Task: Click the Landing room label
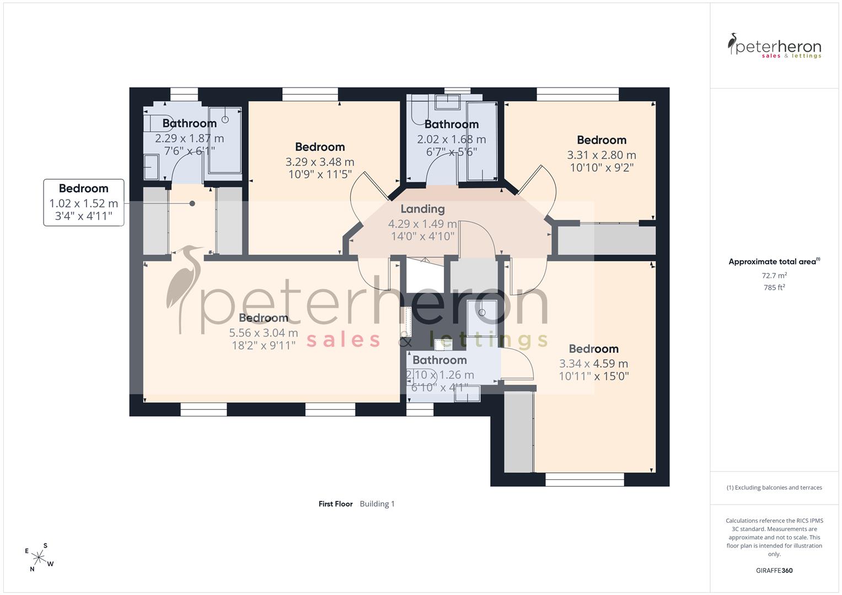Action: tap(422, 209)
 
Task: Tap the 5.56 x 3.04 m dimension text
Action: tap(264, 333)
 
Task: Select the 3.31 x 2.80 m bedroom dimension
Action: tap(602, 155)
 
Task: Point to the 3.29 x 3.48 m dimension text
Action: tap(320, 162)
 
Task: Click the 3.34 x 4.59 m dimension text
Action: tap(593, 364)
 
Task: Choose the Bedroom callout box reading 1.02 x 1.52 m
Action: tap(84, 203)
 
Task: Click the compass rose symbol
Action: tap(39, 558)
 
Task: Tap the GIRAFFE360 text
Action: tap(774, 570)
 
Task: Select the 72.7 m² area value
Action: tap(774, 275)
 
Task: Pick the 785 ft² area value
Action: tap(774, 288)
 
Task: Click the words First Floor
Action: tap(336, 504)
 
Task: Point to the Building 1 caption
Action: tap(377, 504)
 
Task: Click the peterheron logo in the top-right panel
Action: tap(774, 46)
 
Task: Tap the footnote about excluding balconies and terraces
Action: tap(774, 488)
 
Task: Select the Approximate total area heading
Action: tap(774, 262)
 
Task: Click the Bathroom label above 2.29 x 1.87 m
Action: tap(190, 123)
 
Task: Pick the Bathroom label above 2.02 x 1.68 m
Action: tap(452, 124)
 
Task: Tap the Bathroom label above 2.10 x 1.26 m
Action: tap(439, 360)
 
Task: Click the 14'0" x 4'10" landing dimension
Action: tap(422, 236)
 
